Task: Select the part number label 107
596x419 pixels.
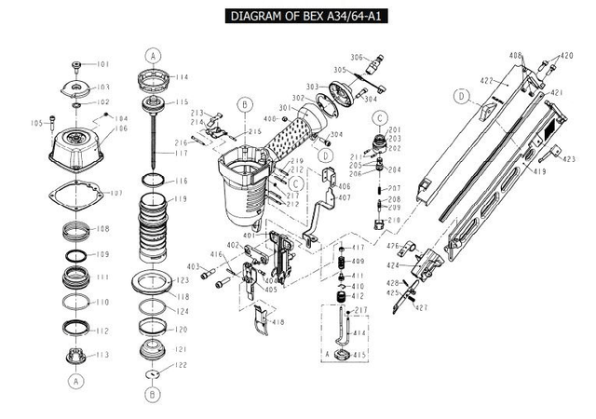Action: tap(116, 193)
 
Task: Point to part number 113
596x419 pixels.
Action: tap(102, 355)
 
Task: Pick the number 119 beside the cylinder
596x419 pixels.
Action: tap(181, 199)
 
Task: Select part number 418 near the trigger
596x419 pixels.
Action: tap(278, 322)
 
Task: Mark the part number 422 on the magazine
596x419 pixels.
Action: tap(486, 81)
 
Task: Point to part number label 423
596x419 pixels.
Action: tap(569, 159)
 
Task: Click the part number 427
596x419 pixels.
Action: tap(422, 307)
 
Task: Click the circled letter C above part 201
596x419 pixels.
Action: tap(381, 116)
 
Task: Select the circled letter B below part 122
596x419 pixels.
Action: tap(152, 394)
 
